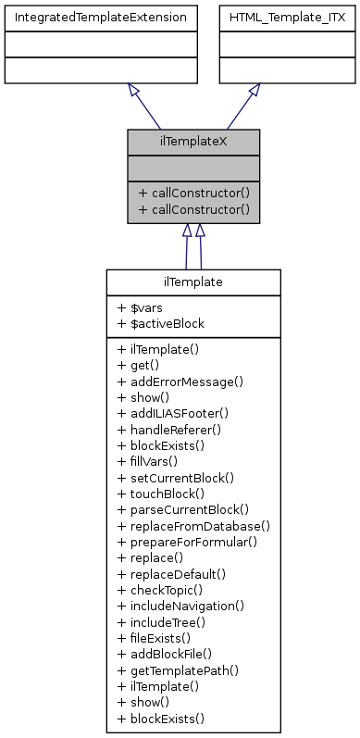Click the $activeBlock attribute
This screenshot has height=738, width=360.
(x=161, y=323)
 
